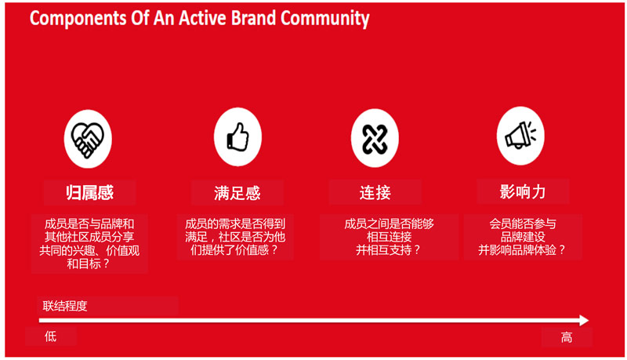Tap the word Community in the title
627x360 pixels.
click(x=324, y=19)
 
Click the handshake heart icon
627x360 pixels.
click(x=88, y=139)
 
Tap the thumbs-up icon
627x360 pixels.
click(x=238, y=136)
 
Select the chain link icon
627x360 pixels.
click(x=375, y=138)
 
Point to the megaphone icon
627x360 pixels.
click(x=520, y=135)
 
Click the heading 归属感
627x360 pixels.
click(x=90, y=192)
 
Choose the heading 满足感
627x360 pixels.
click(x=237, y=193)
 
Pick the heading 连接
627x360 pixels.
click(x=375, y=192)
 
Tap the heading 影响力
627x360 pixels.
click(x=522, y=191)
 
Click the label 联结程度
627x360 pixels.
click(x=65, y=306)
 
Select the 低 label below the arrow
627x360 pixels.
click(x=50, y=336)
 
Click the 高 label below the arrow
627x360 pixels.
click(x=566, y=337)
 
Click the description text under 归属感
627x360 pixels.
click(x=89, y=244)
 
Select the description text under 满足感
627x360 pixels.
click(x=235, y=237)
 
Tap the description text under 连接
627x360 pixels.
click(x=389, y=237)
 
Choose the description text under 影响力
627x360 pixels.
click(x=522, y=237)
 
